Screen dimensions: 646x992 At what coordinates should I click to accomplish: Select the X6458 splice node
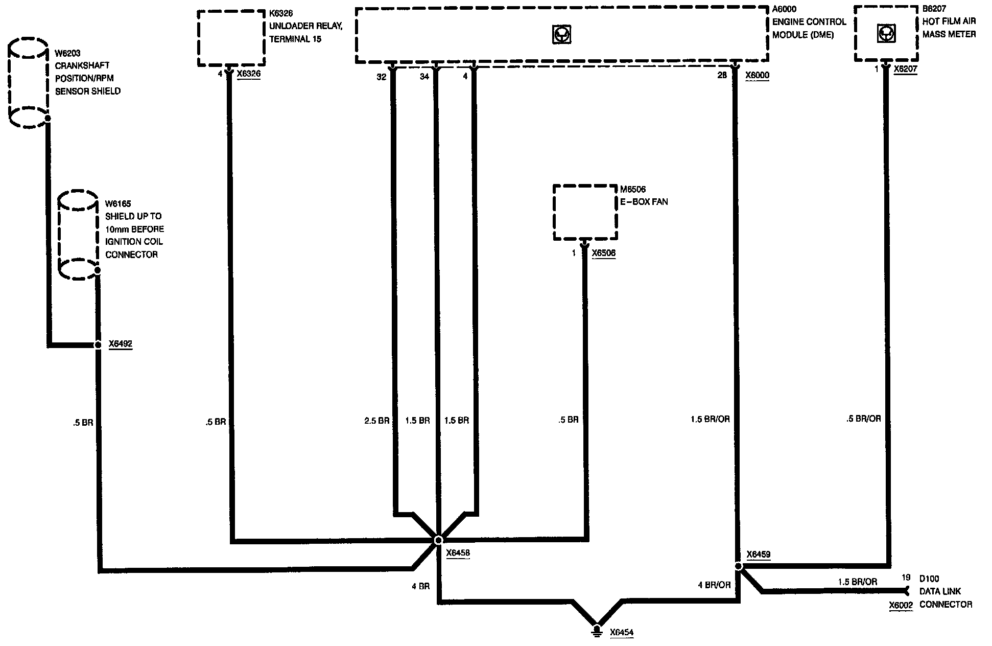coord(438,540)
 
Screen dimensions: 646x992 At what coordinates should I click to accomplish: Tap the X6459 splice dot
coord(738,566)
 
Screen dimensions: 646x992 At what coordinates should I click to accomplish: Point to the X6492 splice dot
coord(98,345)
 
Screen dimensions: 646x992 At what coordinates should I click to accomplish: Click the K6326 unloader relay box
coord(231,38)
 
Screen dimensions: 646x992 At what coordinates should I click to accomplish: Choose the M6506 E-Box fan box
coord(585,212)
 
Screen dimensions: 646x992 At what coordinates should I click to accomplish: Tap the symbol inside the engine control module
coord(562,34)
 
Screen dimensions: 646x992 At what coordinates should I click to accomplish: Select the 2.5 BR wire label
coord(376,421)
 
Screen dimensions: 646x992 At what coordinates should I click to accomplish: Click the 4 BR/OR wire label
coord(714,585)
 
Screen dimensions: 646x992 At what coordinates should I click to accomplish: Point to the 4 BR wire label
coord(420,587)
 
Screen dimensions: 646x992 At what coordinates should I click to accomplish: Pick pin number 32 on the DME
coord(382,77)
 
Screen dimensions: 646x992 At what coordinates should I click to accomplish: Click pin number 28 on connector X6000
coord(722,76)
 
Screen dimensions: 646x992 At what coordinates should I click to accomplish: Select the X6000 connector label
coord(757,76)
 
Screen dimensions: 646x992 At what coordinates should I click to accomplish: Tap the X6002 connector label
coord(901,605)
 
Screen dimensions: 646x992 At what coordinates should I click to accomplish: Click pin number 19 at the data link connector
coord(906,578)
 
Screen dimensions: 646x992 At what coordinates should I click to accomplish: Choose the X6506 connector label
coord(603,253)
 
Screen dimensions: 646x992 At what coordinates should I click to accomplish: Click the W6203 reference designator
coord(67,53)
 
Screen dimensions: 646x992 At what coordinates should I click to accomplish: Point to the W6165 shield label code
coord(118,204)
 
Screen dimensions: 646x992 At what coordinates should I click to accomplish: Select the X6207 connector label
coord(905,70)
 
